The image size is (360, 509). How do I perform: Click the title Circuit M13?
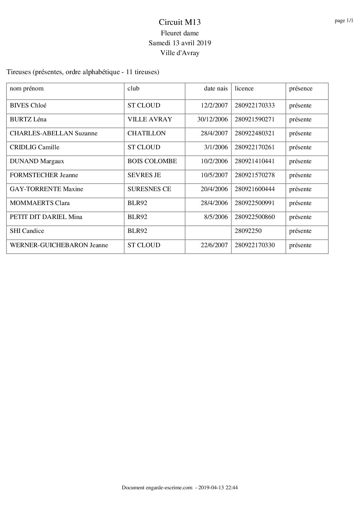point(180,22)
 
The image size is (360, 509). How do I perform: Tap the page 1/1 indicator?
point(344,21)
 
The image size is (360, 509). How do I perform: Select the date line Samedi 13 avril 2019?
point(180,43)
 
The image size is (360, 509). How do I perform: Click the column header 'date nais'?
point(216,89)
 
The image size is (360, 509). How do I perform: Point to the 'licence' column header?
point(244,89)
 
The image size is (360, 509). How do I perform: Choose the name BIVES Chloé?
point(28,106)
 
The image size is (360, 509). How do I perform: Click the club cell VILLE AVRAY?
point(150,120)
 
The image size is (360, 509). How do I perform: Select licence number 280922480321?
point(255,134)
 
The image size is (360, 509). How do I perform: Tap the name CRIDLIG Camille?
point(35,148)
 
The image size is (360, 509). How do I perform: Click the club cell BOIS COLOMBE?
point(152,162)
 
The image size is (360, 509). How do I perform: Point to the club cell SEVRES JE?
point(144,175)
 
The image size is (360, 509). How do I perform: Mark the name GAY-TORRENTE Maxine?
point(47,189)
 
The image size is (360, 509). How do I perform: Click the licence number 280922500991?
point(255,203)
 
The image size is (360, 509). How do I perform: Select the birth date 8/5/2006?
point(216,217)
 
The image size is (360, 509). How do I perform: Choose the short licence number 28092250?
point(248,231)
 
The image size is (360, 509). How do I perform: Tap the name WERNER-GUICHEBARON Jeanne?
point(59,245)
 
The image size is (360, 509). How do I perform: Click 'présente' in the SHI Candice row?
point(300,231)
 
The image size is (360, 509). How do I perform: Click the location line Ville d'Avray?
point(180,53)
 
